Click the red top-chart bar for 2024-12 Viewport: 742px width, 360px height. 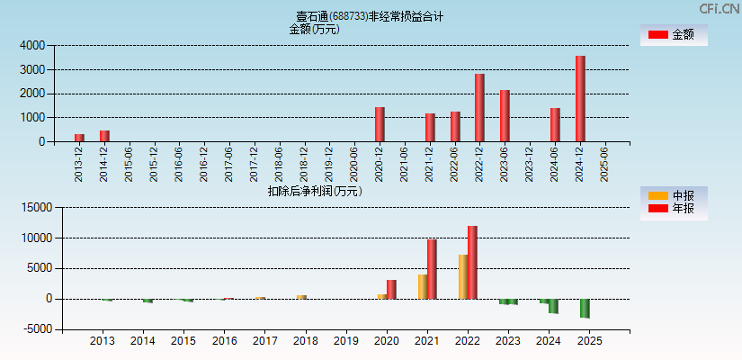(580, 99)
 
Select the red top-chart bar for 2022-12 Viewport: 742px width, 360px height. (479, 108)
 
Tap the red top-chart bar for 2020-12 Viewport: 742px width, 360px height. (380, 124)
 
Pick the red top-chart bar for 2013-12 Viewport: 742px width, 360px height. (79, 138)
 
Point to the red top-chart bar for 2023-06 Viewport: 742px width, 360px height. (505, 116)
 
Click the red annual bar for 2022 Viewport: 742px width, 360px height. (472, 262)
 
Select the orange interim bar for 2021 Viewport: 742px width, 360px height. (423, 286)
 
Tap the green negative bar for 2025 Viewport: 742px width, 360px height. (585, 308)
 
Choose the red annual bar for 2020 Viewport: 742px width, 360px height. (391, 289)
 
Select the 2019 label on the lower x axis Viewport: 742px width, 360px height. (345, 341)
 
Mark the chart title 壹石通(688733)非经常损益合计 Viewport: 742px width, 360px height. (370, 16)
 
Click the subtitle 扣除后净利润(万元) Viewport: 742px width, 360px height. (315, 191)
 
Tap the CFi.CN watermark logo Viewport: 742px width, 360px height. (719, 8)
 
